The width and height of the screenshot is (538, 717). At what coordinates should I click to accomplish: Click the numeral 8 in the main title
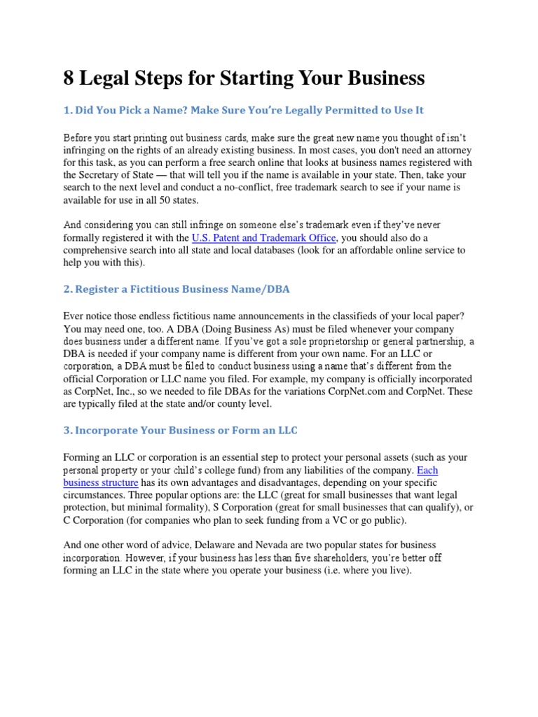[x=69, y=78]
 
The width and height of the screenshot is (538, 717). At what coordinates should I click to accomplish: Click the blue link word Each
[x=427, y=470]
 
